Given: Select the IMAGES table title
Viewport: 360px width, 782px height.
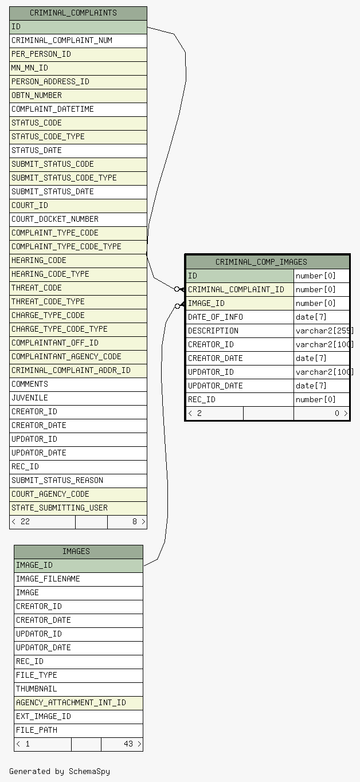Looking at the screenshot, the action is tap(76, 551).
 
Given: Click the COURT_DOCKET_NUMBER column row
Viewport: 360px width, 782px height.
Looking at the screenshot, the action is tap(78, 219).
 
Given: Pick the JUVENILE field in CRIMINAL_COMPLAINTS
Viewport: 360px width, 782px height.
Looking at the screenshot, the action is tap(78, 398).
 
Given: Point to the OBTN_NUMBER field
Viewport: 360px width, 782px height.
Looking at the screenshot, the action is tap(78, 96).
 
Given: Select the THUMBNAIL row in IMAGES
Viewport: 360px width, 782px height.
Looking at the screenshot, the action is tap(79, 689).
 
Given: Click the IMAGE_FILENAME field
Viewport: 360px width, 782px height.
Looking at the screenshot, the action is tap(79, 579).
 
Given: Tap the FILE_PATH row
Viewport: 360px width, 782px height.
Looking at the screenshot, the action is tap(79, 730).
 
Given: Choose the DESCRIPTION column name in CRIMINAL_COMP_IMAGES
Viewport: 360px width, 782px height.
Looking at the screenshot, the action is tap(213, 331).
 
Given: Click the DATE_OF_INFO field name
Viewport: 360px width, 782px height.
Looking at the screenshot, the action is tap(215, 317).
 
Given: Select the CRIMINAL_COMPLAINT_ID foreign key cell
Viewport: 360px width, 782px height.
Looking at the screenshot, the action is tap(240, 289).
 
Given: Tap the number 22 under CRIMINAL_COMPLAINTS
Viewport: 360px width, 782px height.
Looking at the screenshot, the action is tap(25, 521).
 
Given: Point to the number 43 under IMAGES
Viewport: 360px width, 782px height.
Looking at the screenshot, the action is tap(128, 744).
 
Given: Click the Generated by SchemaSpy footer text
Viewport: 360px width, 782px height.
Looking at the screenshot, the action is tap(60, 771).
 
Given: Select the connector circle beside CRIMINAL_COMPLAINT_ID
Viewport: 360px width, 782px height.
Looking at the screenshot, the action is tap(177, 289).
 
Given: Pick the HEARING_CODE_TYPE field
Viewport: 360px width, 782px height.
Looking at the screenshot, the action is tap(78, 274).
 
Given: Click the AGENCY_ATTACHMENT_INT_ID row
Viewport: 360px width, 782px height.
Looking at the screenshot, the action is tap(79, 702).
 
